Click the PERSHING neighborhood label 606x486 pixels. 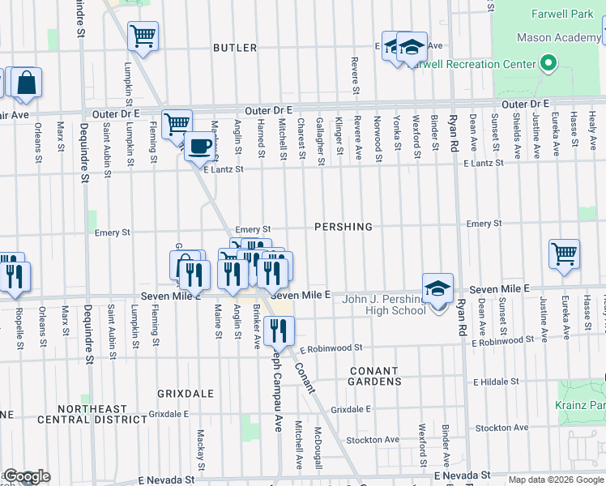[x=344, y=227]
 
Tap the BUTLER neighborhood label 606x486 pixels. [x=235, y=48]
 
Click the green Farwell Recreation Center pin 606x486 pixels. [x=548, y=63]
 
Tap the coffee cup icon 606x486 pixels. [x=199, y=147]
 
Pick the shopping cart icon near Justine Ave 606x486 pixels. [x=564, y=253]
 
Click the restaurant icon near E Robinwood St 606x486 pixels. [x=279, y=330]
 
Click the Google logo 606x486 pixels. [x=27, y=477]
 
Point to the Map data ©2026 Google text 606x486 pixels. [x=556, y=480]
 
